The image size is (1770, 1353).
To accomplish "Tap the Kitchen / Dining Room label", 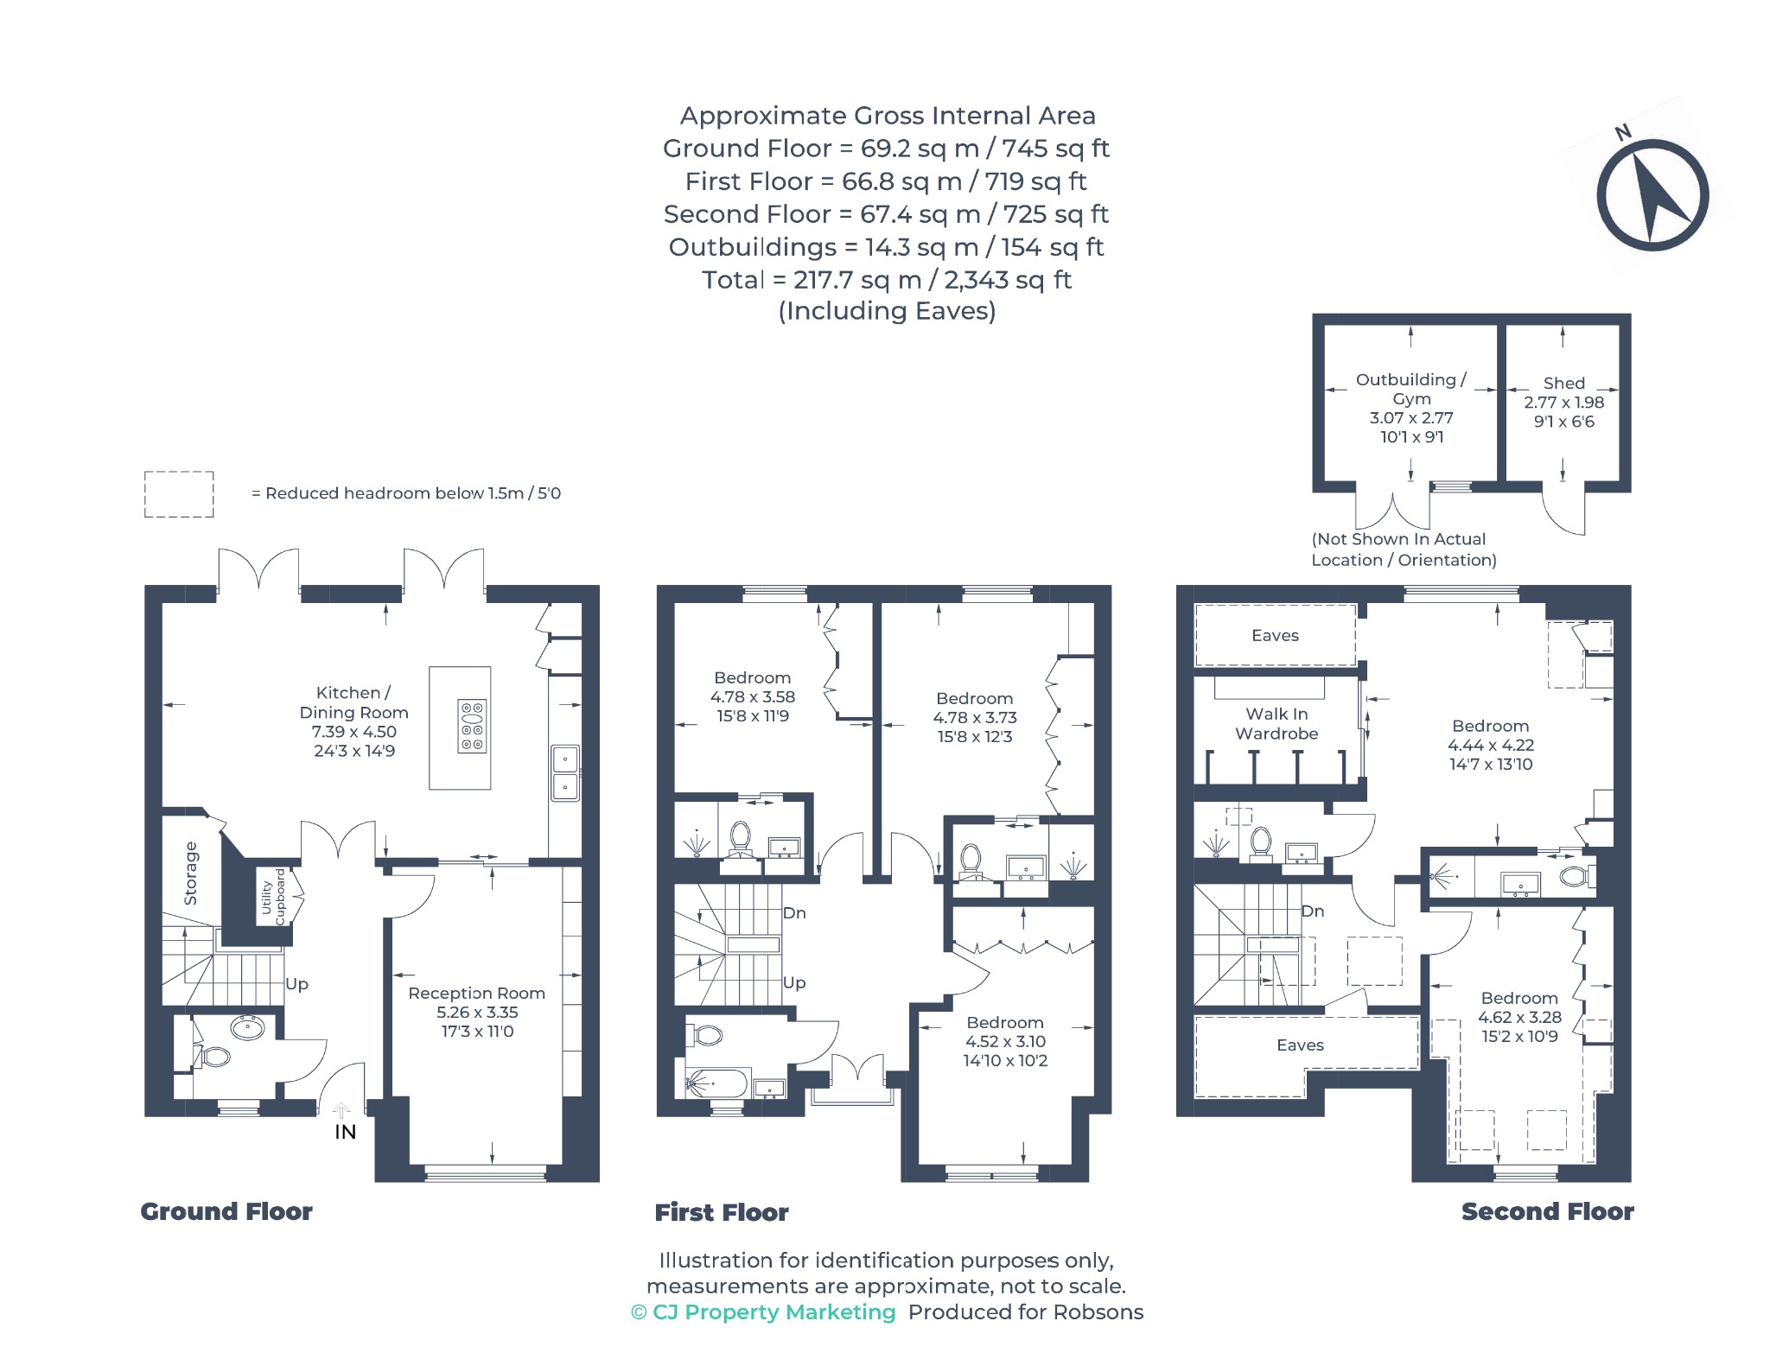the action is tap(354, 721).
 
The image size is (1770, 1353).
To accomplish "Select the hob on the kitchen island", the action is tap(472, 726).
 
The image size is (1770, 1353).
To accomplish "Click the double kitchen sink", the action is tap(565, 773).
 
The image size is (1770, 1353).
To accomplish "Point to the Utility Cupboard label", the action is tap(273, 897).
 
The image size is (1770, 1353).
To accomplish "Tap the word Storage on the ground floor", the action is tap(191, 873).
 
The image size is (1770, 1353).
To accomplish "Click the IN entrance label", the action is tap(345, 1132).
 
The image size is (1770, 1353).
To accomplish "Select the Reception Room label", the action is tap(477, 1012).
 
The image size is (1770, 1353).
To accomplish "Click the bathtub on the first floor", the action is tap(716, 1083).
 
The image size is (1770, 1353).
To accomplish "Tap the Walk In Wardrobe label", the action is tap(1277, 724).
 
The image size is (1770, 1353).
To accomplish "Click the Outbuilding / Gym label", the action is tap(1411, 408).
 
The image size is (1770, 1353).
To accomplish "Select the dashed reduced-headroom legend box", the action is tap(179, 494).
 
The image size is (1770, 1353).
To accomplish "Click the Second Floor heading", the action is tap(1547, 1211).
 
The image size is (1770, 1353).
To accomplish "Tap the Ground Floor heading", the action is tap(226, 1211).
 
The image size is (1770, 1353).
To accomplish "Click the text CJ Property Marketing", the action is tap(774, 1312).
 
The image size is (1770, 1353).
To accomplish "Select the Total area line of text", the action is tap(887, 280).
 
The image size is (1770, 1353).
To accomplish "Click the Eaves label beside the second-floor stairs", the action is tap(1300, 1045).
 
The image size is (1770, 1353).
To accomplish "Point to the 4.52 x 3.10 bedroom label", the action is tap(1005, 1041).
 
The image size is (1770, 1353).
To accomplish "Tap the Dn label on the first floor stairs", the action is tap(794, 913).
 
